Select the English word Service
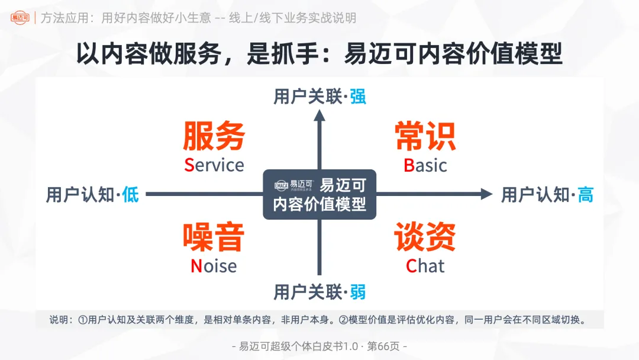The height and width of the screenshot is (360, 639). (214, 165)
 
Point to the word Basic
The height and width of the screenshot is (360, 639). (425, 165)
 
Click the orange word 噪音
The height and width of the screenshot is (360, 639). (214, 238)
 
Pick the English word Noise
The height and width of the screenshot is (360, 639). (214, 266)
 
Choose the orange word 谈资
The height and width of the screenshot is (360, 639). (425, 237)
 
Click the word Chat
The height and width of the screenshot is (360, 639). (425, 266)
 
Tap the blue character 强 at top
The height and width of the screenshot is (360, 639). (357, 97)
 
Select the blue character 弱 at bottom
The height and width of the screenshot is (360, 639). (357, 292)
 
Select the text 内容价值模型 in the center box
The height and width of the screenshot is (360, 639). (319, 205)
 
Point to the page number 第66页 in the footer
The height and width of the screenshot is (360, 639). (385, 346)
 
